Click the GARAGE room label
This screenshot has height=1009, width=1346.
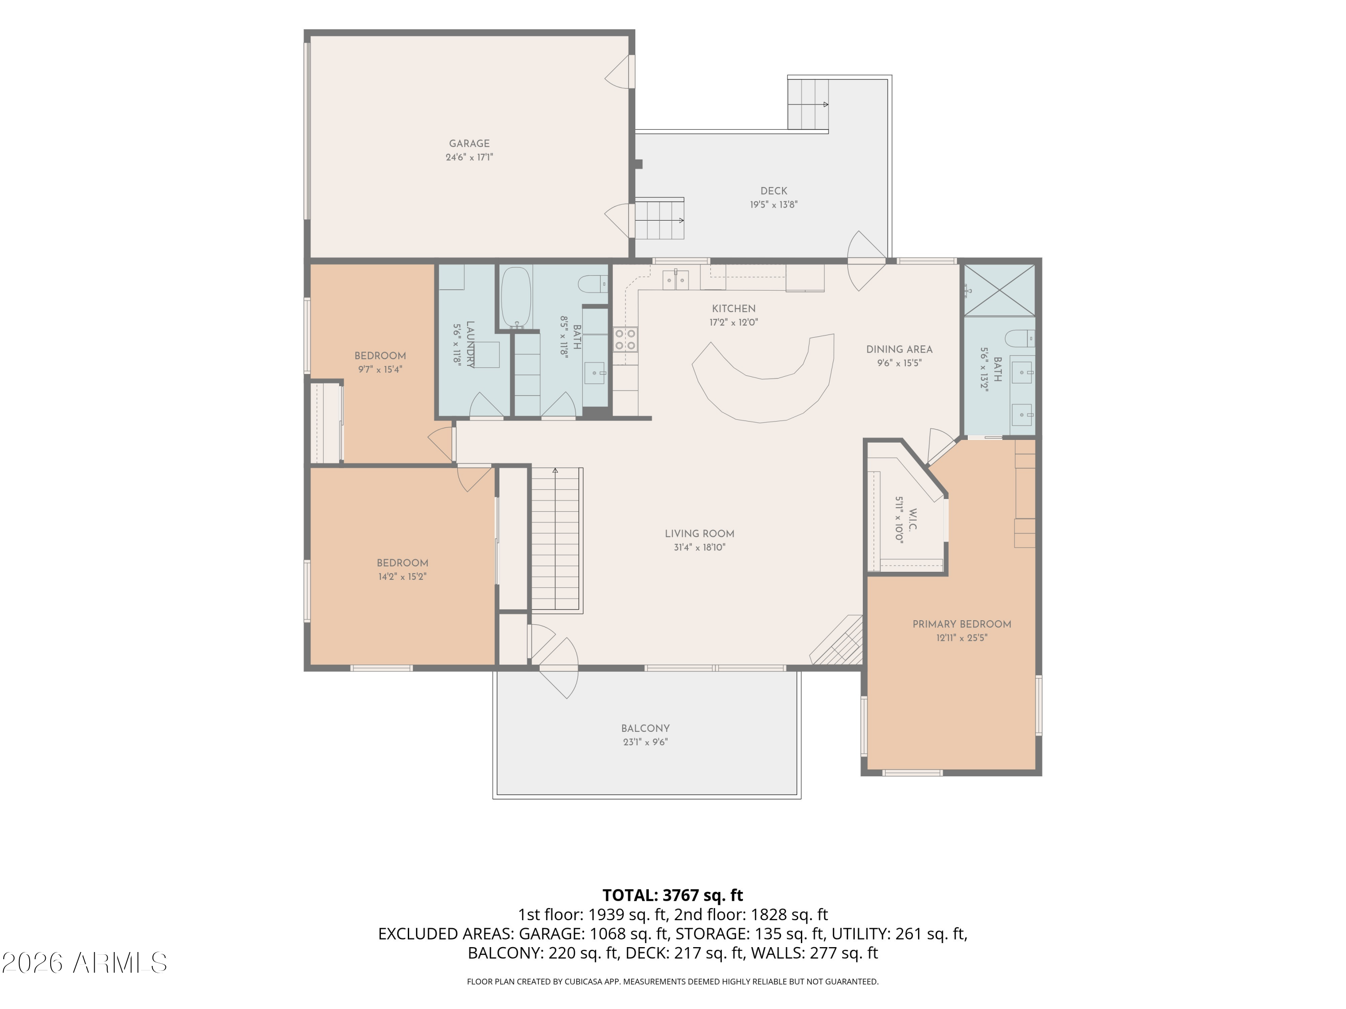469,144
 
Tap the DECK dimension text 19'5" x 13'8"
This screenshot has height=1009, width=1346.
774,205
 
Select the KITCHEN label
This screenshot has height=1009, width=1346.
734,309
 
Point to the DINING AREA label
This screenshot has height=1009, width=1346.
900,349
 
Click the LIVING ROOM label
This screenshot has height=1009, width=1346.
699,533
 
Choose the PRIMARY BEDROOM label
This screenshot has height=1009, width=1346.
961,624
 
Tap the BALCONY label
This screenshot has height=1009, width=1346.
646,728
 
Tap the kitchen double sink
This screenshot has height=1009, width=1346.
675,279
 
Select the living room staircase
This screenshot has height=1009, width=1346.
555,539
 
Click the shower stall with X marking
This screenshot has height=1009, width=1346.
1000,290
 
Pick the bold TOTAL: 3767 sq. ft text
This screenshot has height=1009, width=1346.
673,895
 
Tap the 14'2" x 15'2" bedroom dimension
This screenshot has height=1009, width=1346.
402,577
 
